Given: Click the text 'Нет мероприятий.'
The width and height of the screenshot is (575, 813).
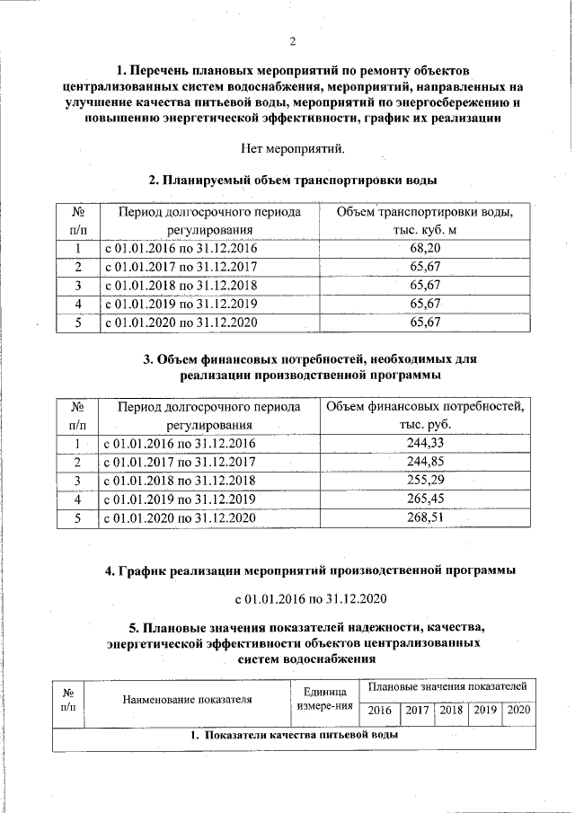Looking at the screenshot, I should point(293,147).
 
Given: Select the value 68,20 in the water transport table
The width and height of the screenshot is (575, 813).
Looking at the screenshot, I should point(424,248).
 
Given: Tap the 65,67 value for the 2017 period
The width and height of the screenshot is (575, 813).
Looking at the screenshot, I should point(424,267).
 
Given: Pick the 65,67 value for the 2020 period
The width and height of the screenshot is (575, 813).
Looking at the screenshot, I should point(424,322).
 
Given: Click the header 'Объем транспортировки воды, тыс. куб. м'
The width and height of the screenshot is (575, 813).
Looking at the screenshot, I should point(424,221).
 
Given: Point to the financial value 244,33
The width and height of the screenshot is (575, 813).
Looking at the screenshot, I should point(426,443).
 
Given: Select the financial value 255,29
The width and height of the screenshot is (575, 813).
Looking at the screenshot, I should point(426,481).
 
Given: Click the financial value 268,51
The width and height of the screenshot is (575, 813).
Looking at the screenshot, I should point(426,517).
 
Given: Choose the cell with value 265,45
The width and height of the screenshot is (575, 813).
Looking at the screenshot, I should point(426,499).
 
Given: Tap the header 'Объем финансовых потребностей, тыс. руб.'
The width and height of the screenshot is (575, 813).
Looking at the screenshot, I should point(426,416).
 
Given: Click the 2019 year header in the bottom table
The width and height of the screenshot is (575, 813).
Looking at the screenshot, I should point(485,711).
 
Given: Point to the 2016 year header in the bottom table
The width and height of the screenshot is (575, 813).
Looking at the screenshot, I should point(380,711).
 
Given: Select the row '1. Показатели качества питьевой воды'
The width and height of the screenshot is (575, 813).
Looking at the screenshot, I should point(294,736).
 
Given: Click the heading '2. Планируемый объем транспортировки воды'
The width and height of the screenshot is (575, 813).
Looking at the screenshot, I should point(292,180).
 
